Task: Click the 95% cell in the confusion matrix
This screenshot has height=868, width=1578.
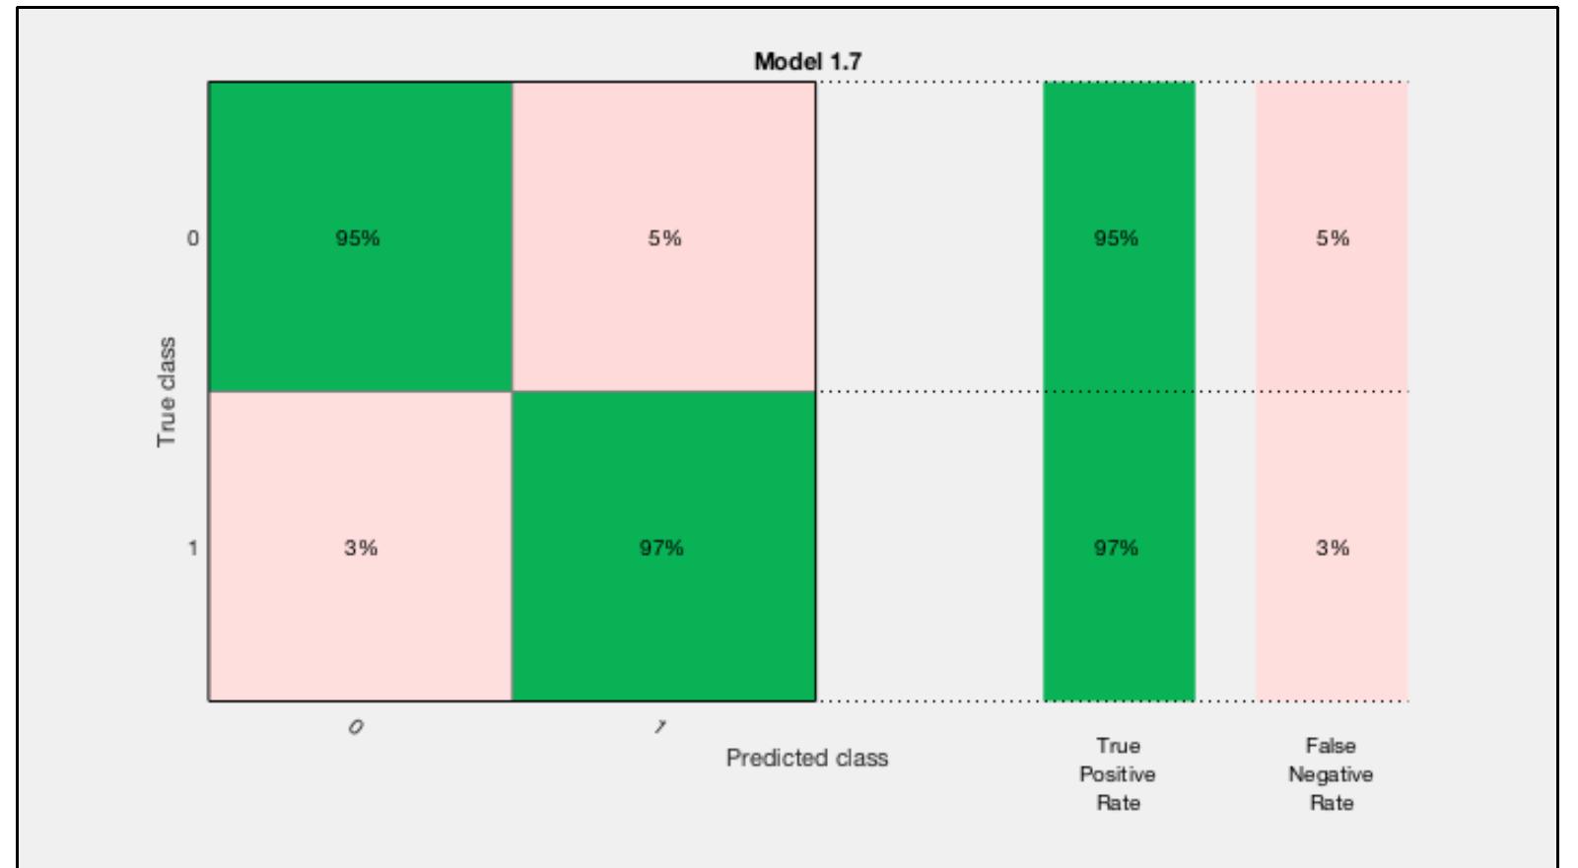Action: (x=357, y=237)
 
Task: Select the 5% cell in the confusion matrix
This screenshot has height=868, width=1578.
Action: (x=664, y=237)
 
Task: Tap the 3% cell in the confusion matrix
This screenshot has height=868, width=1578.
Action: (x=361, y=548)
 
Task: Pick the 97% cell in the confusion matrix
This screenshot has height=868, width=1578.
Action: (x=661, y=548)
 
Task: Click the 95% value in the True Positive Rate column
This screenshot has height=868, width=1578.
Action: (x=1116, y=237)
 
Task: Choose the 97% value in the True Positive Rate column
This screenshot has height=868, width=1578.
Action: (x=1116, y=548)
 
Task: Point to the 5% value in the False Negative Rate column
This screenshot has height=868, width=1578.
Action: (x=1333, y=237)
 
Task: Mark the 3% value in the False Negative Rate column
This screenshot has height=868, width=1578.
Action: (x=1333, y=548)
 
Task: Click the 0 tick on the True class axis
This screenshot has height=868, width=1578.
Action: (x=193, y=237)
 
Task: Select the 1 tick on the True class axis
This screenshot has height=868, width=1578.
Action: (x=193, y=548)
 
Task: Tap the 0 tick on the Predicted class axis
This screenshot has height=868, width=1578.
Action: (x=356, y=727)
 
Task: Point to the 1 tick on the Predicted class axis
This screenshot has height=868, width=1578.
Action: (x=660, y=727)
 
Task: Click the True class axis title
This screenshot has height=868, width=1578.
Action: (x=166, y=392)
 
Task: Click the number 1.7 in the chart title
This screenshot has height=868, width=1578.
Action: (x=846, y=61)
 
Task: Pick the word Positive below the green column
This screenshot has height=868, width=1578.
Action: (x=1118, y=774)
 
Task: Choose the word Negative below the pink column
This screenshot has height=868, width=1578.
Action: (x=1331, y=774)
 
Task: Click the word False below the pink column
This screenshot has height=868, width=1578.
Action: (x=1331, y=746)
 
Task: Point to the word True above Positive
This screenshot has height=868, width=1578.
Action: (x=1118, y=746)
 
